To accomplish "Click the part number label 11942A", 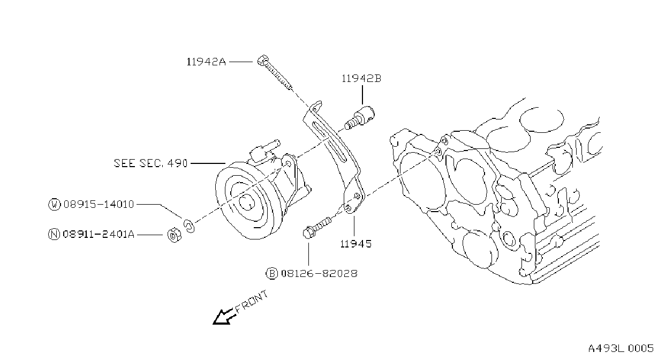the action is [x=206, y=62].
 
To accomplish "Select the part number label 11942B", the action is [x=361, y=78].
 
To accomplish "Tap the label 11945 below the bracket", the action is [x=356, y=244].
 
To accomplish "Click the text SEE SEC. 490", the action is [x=150, y=163].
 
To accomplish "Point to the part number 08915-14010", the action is [x=99, y=204].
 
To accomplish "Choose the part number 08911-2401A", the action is [x=99, y=234].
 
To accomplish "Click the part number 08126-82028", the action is [x=319, y=274].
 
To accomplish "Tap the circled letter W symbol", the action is [x=55, y=204].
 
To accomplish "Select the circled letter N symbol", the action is [x=54, y=234].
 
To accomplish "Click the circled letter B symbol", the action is [x=272, y=274].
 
